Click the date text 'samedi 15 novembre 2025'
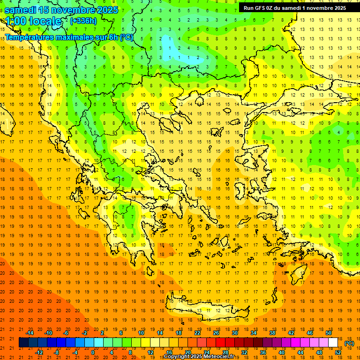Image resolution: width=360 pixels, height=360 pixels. click(x=61, y=10)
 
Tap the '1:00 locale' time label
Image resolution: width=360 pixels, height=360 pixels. click(x=34, y=21)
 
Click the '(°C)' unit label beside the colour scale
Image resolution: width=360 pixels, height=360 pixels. click(x=349, y=343)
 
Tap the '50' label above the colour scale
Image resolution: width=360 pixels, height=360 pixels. click(x=328, y=332)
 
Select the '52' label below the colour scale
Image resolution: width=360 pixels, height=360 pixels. click(x=338, y=352)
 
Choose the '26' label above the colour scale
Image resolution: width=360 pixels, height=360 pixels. click(x=216, y=332)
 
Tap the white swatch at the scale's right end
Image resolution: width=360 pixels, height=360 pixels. click(x=333, y=343)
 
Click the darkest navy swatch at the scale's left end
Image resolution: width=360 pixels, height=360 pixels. click(x=24, y=343)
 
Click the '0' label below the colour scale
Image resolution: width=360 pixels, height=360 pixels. click(x=92, y=352)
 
